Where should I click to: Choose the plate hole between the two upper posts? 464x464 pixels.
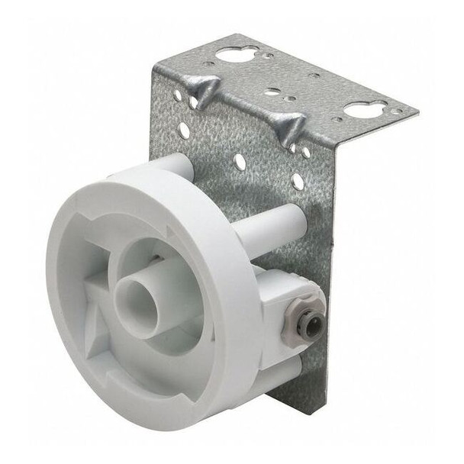tap(240, 162)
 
